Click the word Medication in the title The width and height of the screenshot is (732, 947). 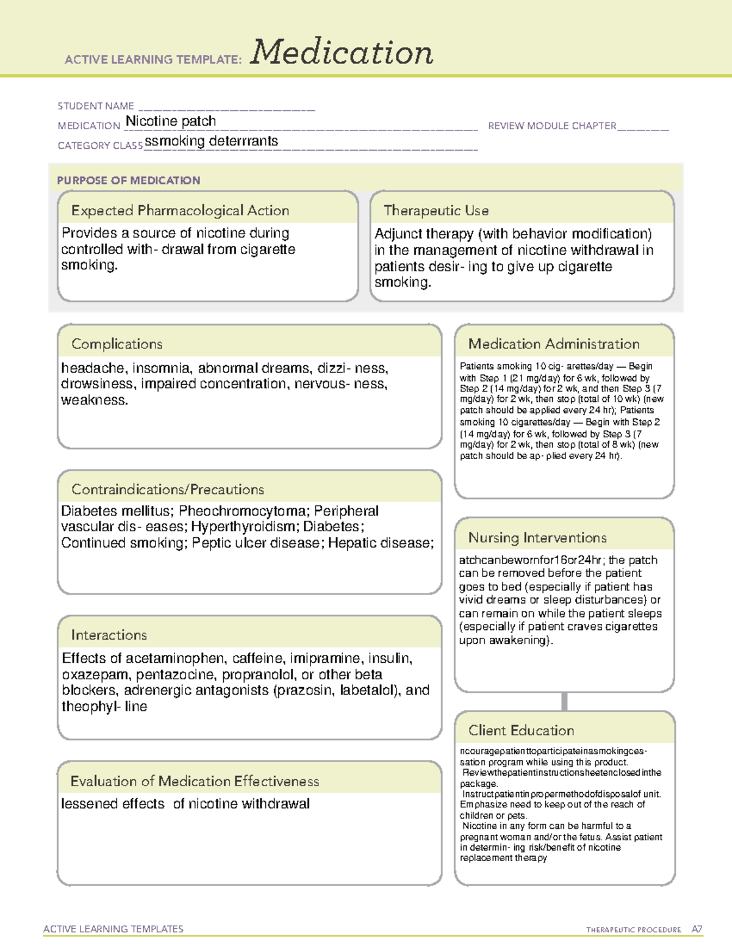point(342,52)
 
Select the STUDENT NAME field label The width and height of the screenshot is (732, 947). point(96,106)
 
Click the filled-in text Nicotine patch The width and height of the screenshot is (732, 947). point(171,121)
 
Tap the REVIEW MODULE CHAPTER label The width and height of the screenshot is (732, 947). point(552,126)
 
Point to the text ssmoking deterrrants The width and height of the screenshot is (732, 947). point(212,141)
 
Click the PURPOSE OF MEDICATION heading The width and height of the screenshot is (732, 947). point(129,180)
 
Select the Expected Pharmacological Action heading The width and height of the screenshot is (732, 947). point(180,210)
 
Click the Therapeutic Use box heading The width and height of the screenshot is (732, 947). point(436,210)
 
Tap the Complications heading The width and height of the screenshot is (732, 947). point(117,344)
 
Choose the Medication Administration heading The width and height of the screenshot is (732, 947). point(554,344)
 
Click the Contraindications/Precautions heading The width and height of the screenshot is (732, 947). point(168,490)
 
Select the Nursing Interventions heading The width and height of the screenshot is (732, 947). point(537,538)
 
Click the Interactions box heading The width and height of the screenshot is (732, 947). point(109,635)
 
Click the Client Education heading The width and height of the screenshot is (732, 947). point(521,731)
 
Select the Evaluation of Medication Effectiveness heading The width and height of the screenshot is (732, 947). point(195,781)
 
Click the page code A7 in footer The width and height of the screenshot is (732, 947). point(697,929)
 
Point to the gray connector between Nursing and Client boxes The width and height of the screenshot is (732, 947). point(564,701)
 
